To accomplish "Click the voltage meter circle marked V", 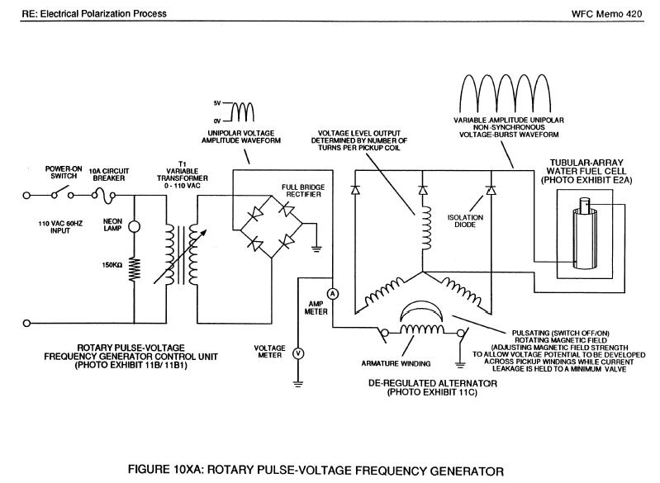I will [x=300, y=353].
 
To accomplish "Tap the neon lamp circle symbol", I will [x=133, y=227].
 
